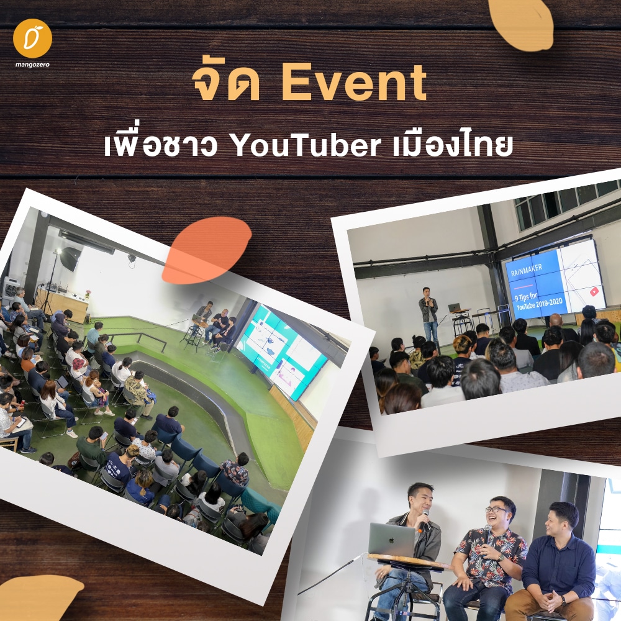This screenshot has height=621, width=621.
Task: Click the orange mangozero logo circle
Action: tap(32, 39)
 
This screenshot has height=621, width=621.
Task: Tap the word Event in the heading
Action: tap(354, 83)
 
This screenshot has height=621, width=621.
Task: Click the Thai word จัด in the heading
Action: tap(226, 83)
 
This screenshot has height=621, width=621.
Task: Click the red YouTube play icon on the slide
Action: tap(594, 292)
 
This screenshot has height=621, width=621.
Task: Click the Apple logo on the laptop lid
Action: tap(391, 539)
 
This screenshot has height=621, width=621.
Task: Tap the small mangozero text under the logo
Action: tap(32, 65)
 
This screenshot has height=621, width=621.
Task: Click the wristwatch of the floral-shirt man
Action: tap(501, 558)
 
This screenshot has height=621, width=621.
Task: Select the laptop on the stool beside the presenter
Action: tap(455, 307)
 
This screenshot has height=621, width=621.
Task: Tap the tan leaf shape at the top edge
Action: tap(522, 23)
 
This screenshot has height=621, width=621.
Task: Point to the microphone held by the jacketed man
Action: tap(424, 519)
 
